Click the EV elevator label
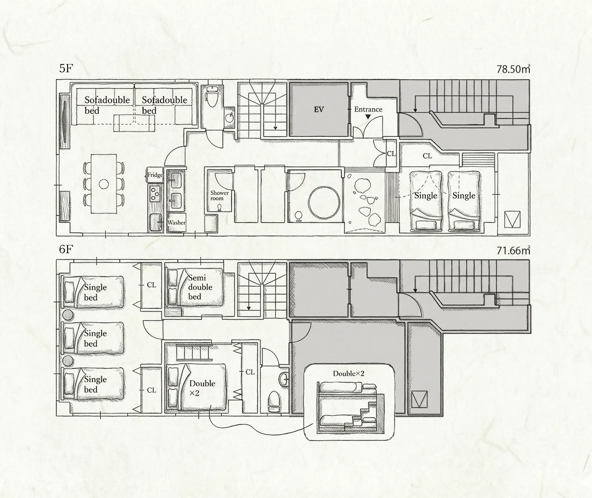point(319,110)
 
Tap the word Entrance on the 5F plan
point(368,109)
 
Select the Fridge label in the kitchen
point(155,175)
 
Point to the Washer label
point(176,222)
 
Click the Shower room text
point(219,196)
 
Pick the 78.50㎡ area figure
point(513,69)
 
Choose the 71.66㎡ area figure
point(513,250)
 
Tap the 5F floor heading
point(66,68)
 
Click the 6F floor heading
point(66,249)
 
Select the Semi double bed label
point(200,287)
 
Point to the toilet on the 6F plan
point(273,402)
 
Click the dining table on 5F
point(104,184)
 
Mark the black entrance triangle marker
point(368,117)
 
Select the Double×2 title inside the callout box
point(348,373)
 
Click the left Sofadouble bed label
point(107,105)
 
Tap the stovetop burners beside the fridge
point(155,193)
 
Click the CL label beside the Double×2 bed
point(250,372)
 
